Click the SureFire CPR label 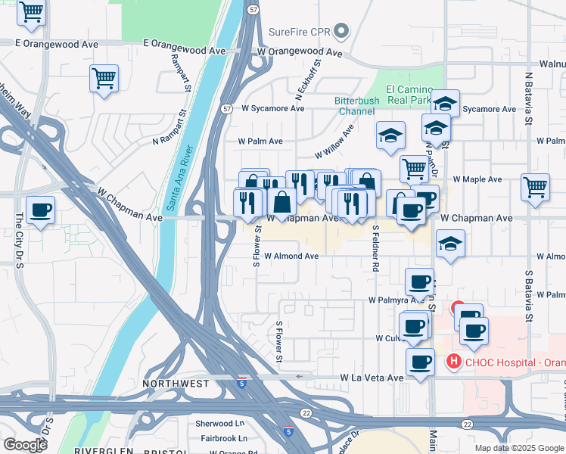[x=300, y=32]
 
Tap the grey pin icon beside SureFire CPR [x=341, y=32]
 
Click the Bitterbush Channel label [x=355, y=106]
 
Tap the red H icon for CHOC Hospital [x=454, y=362]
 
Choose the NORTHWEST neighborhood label [x=176, y=384]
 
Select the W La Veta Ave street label [x=372, y=377]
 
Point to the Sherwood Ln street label [x=220, y=424]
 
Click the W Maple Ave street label [x=477, y=179]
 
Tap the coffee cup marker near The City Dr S [x=40, y=210]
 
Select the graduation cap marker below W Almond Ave [x=450, y=244]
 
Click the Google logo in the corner [x=24, y=444]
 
